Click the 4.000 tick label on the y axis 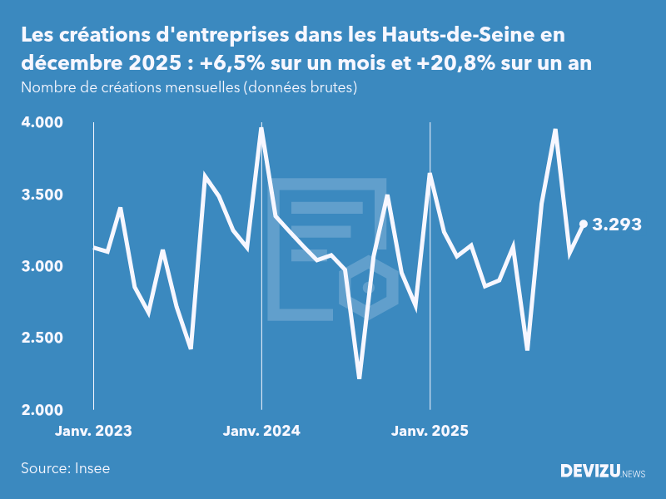click(42, 123)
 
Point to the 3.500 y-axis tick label click(42, 195)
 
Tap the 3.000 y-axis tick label click(42, 266)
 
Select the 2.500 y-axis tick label click(42, 338)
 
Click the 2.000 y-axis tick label click(42, 409)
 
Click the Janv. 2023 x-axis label click(93, 431)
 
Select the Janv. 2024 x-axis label click(261, 431)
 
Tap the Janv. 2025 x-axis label click(430, 431)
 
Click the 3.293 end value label click(617, 224)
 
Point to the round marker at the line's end click(584, 224)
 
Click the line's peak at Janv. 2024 click(261, 129)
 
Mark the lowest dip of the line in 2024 click(359, 378)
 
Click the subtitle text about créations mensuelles click(189, 87)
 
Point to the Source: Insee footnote click(66, 468)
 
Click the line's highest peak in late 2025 click(555, 130)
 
